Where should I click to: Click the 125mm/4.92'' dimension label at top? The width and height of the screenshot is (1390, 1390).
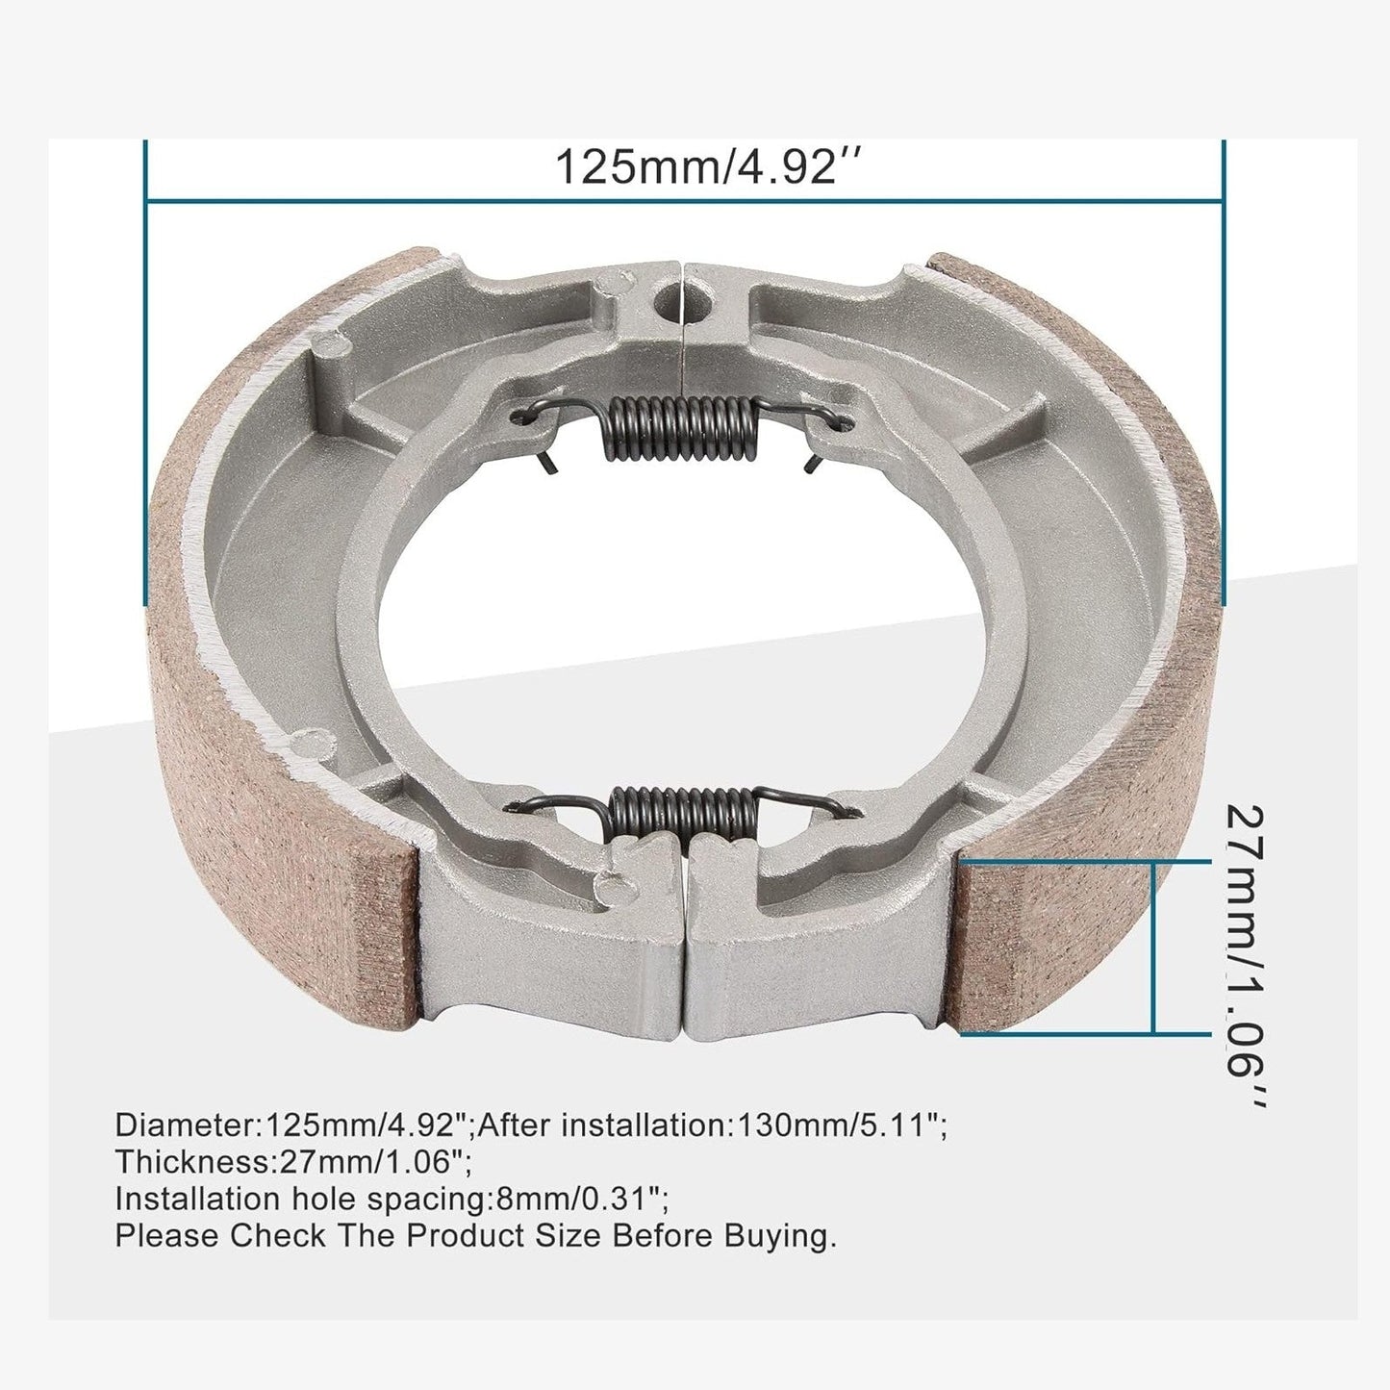(707, 165)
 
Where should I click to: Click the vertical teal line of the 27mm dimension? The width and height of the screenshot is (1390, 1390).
(1151, 948)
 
